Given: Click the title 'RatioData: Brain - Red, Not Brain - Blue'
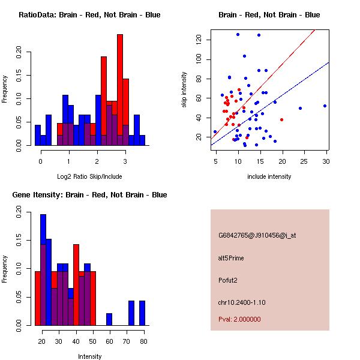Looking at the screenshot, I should [x=89, y=15].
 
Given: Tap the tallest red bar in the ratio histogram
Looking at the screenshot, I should [x=120, y=90].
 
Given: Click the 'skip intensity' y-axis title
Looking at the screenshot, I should [x=184, y=90].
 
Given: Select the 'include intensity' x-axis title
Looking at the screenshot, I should [x=269, y=176].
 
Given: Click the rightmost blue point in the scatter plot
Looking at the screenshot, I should [x=325, y=106].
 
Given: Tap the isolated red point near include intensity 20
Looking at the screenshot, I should [x=281, y=119].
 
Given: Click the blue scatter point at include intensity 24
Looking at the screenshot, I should [x=300, y=109].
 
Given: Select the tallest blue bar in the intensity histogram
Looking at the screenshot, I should [x=43, y=270].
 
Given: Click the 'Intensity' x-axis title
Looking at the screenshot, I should [x=89, y=356].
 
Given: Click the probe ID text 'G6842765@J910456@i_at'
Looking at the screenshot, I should [x=257, y=235].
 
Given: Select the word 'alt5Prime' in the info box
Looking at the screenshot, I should [x=231, y=258].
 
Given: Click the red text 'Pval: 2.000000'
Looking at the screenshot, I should [x=239, y=319].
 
